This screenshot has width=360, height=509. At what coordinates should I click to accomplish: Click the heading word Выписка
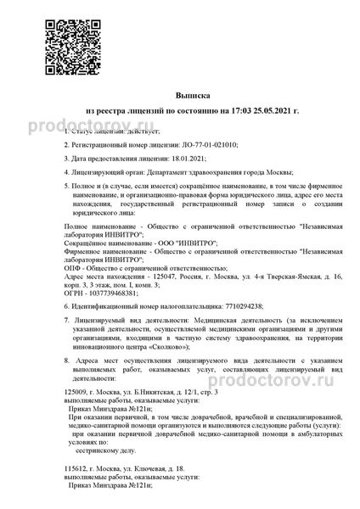coord(178,97)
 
